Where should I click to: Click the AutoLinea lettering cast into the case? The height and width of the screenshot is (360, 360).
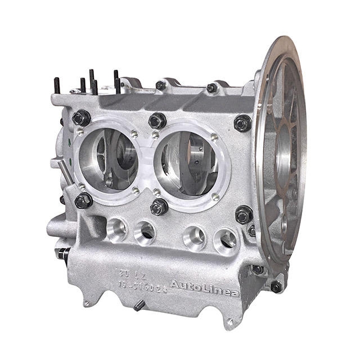click(x=204, y=287)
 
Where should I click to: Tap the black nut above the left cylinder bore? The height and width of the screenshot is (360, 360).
click(x=82, y=118)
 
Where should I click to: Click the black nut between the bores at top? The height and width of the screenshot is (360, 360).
click(x=157, y=120)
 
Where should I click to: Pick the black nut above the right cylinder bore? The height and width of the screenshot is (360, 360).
click(x=242, y=123)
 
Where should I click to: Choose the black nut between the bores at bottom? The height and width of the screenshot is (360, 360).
click(x=159, y=206)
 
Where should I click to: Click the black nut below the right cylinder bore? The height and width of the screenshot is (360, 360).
click(x=244, y=214)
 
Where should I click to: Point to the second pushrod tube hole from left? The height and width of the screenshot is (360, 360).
click(x=145, y=231)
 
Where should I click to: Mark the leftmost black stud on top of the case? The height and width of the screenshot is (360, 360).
click(x=57, y=85)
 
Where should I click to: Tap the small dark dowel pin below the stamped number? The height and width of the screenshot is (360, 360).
click(x=138, y=305)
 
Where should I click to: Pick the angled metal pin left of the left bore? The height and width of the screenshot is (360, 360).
click(x=65, y=171)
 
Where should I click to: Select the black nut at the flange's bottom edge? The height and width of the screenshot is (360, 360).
click(x=276, y=287)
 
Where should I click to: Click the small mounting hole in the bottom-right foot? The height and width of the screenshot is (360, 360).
click(x=229, y=322)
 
